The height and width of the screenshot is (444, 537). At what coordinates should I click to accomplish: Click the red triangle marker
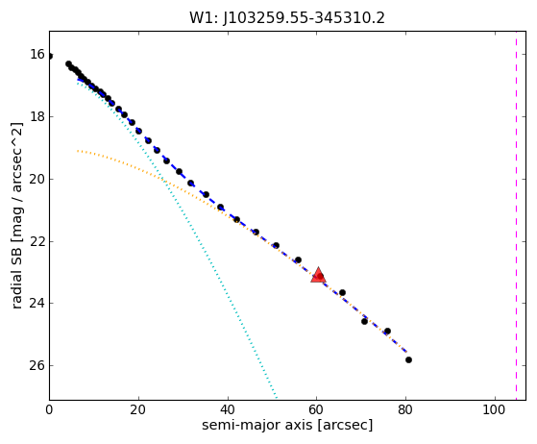pyautogui.click(x=318, y=275)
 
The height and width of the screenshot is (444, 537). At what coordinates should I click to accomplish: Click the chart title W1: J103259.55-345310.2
pyautogui.click(x=287, y=18)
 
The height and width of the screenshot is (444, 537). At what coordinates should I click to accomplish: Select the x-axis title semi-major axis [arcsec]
pyautogui.click(x=287, y=425)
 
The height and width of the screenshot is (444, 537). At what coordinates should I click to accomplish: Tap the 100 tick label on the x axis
pyautogui.click(x=495, y=409)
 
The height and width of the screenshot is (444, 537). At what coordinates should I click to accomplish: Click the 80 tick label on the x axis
pyautogui.click(x=405, y=409)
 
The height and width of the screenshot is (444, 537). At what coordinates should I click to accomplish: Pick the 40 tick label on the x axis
pyautogui.click(x=228, y=409)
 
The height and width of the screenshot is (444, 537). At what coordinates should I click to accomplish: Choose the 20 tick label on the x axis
pyautogui.click(x=138, y=409)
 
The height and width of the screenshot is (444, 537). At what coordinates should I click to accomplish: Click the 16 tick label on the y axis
pyautogui.click(x=37, y=54)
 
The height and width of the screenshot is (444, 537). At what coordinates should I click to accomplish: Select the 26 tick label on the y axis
pyautogui.click(x=37, y=365)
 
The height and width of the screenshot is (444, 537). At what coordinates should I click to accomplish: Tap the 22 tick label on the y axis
pyautogui.click(x=37, y=241)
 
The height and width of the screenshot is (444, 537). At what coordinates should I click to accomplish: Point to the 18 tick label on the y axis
pyautogui.click(x=37, y=116)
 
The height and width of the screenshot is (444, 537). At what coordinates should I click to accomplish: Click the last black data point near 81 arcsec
pyautogui.click(x=408, y=359)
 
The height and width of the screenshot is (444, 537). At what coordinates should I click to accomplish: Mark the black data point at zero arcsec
pyautogui.click(x=50, y=56)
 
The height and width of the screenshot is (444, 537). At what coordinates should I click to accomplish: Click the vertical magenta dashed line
pyautogui.click(x=517, y=215)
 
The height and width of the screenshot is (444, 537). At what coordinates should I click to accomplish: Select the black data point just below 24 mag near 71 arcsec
pyautogui.click(x=364, y=321)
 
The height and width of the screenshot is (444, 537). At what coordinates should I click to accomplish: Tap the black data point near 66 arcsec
pyautogui.click(x=342, y=292)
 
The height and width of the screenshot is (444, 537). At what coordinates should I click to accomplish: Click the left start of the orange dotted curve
pyautogui.click(x=78, y=150)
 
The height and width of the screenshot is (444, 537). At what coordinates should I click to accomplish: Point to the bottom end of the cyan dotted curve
pyautogui.click(x=276, y=398)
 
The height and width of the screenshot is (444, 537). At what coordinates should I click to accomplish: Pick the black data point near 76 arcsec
pyautogui.click(x=387, y=331)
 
